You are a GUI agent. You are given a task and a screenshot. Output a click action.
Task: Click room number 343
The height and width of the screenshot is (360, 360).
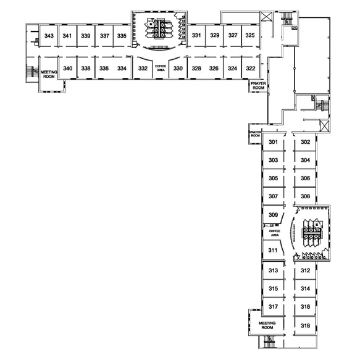(49, 36)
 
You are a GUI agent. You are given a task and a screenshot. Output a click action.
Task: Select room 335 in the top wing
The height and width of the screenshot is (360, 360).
(122, 36)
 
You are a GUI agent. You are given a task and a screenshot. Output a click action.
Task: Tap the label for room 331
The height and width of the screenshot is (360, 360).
(196, 35)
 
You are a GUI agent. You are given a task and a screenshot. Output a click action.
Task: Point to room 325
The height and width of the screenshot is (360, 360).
(250, 35)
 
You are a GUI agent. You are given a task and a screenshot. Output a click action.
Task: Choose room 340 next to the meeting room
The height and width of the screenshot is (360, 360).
(68, 69)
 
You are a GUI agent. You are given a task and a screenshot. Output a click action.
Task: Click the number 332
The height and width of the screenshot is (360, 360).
(143, 69)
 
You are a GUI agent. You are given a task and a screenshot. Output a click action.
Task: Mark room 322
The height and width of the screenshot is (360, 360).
(251, 69)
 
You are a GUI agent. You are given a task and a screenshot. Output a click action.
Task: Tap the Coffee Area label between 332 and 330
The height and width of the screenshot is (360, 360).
(161, 68)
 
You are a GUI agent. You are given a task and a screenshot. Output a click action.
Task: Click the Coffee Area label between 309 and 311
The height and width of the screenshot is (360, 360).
(275, 233)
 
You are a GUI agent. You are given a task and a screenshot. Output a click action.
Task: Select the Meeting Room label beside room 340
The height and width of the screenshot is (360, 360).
(49, 74)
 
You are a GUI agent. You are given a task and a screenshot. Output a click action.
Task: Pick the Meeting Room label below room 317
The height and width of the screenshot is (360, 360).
(267, 325)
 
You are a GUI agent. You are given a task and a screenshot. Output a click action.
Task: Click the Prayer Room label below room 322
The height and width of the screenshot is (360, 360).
(258, 86)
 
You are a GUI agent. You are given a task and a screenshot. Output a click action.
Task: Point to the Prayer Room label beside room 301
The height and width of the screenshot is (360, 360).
(255, 134)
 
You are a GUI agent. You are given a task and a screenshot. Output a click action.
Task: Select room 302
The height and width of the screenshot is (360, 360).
(306, 142)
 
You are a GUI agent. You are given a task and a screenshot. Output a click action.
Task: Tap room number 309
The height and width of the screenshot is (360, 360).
(273, 215)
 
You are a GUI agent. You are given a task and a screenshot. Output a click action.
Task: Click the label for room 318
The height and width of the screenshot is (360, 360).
(306, 325)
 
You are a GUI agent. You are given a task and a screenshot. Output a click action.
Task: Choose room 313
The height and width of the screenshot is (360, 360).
(273, 270)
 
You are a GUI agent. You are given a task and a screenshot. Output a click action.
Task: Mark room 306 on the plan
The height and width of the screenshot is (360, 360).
(306, 178)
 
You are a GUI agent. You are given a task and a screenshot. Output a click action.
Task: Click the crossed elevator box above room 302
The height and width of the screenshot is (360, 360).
(324, 126)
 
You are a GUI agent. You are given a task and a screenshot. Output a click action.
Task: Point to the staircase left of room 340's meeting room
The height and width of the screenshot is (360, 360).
(32, 72)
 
